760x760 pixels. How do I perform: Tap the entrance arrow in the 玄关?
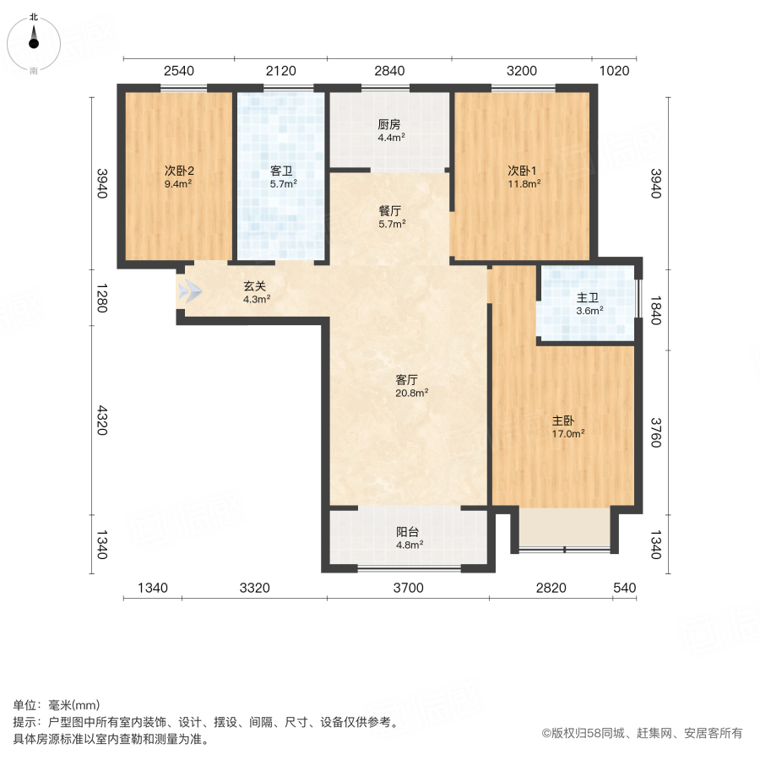click(190, 292)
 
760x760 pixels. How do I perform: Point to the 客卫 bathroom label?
click(282, 170)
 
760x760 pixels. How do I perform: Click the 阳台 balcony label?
click(409, 532)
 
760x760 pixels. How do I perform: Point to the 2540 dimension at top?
click(179, 71)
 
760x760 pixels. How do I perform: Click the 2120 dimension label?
click(281, 71)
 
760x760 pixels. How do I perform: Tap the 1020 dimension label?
click(615, 71)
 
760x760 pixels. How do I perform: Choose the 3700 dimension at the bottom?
click(408, 589)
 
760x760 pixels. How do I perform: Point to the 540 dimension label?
click(624, 589)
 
